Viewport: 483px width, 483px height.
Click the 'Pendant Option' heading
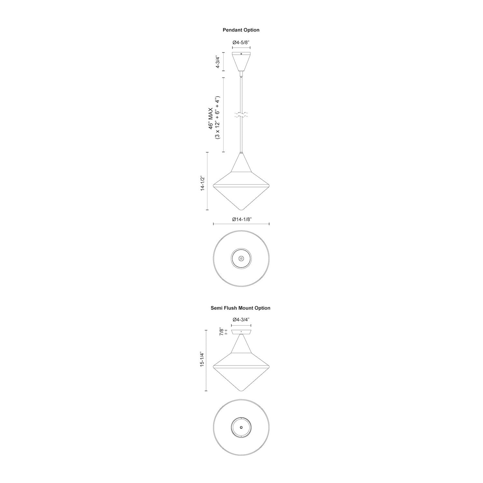241,30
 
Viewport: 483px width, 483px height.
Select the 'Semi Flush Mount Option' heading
240,308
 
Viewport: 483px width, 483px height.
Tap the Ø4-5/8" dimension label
241,42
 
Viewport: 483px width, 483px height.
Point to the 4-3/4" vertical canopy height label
218,61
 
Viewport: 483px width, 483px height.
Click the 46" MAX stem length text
211,118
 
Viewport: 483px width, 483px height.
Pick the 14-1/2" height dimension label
202,183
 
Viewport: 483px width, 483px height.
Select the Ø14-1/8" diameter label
241,219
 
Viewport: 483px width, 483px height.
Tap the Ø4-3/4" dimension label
241,319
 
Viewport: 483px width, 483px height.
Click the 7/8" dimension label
221,332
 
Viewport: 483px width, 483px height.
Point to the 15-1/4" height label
202,359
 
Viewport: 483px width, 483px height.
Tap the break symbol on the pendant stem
241,115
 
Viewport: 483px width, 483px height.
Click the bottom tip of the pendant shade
241,210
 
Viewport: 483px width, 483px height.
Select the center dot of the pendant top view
241,258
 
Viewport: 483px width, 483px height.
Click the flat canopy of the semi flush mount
241,332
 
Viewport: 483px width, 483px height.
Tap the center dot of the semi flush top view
241,427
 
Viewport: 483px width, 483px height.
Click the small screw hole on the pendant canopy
241,54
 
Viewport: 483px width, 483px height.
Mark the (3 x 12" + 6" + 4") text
217,118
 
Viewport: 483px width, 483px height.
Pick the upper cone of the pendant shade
241,163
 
